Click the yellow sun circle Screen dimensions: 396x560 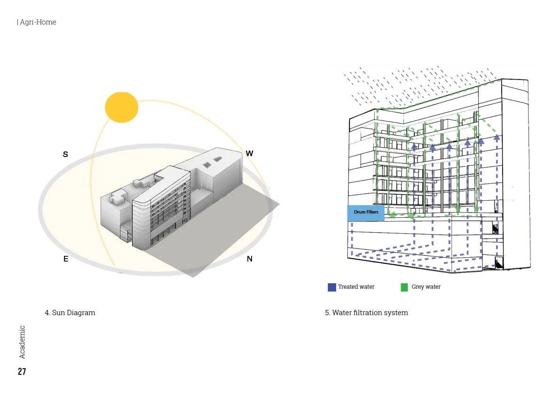point(121,107)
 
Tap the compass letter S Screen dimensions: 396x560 point(65,154)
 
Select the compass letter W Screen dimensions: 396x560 point(250,153)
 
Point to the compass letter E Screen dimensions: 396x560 point(66,259)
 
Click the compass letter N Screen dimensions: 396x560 point(250,259)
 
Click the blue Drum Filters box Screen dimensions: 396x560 point(366,213)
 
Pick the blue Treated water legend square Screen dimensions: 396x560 point(332,287)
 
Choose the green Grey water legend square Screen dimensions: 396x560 point(404,287)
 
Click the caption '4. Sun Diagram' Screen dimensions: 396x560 point(70,313)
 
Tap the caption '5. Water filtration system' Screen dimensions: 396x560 point(366,313)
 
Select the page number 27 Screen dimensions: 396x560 point(22,372)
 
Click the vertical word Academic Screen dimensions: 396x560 point(22,342)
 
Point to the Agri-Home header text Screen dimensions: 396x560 point(37,22)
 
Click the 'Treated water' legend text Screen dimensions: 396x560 point(356,287)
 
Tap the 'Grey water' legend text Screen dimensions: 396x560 point(426,287)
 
